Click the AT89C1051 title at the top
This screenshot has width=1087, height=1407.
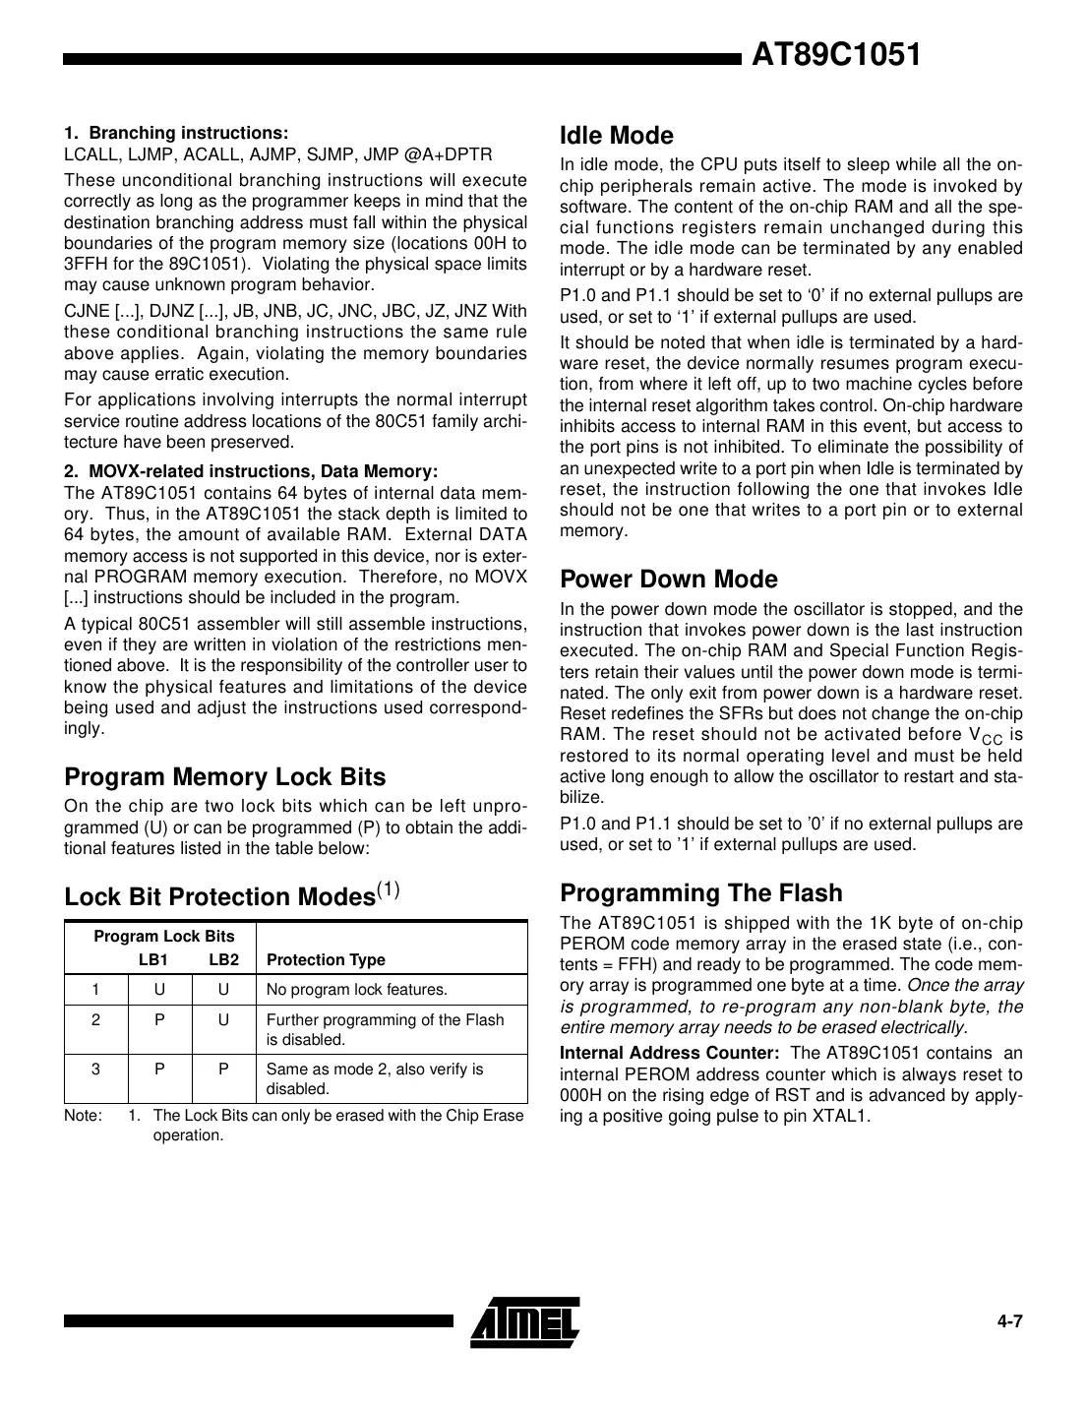(836, 56)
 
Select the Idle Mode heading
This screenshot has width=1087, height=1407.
(616, 136)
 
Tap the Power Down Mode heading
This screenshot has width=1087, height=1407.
(668, 579)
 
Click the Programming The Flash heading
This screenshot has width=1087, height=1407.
(700, 892)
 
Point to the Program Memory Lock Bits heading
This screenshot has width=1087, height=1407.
(224, 776)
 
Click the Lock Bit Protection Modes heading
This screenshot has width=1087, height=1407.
(231, 895)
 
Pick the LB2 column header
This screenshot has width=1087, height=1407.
(223, 959)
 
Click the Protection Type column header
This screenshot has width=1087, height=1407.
(326, 959)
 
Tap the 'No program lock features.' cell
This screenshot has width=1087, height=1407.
(356, 989)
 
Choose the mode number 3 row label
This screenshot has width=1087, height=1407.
(95, 1070)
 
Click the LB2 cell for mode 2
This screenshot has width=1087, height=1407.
(223, 1020)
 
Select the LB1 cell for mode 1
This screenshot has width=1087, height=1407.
(159, 989)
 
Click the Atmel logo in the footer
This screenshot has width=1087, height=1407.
(524, 1319)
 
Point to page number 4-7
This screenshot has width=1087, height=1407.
(1009, 1321)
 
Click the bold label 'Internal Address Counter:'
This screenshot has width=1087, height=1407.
(669, 1053)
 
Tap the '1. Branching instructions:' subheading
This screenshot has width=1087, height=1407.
(176, 133)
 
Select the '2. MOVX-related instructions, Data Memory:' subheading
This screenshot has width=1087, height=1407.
(251, 470)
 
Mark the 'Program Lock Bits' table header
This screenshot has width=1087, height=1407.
(164, 936)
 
